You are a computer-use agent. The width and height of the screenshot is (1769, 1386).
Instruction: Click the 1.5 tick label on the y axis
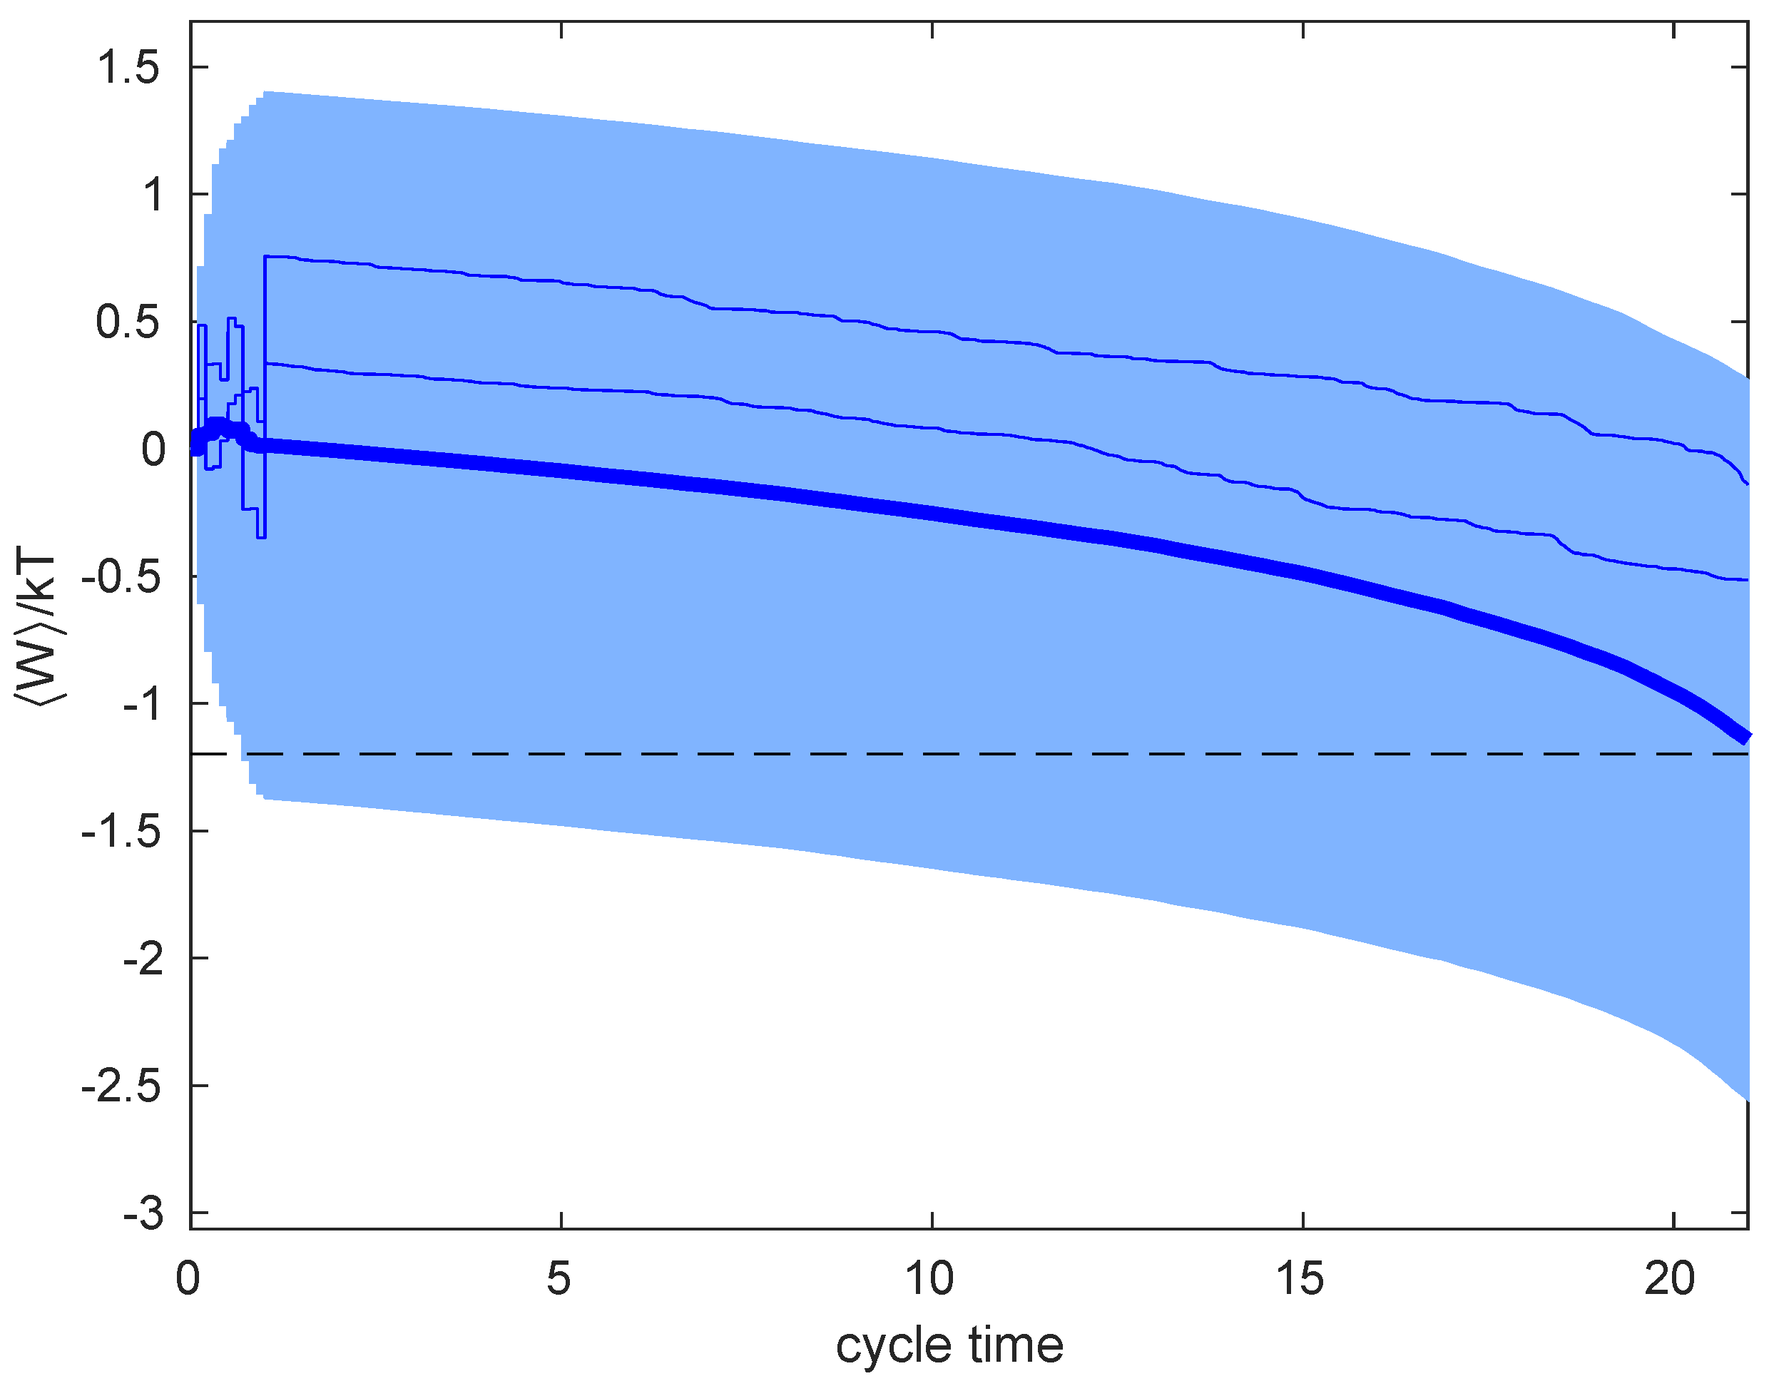pos(128,67)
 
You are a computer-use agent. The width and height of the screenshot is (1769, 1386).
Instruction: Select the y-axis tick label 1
pos(152,195)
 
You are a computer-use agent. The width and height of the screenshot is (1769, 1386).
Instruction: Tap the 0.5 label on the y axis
pos(128,322)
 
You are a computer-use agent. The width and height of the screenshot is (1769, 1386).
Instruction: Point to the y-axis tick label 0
pos(153,449)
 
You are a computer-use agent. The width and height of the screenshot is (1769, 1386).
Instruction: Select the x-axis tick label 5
pos(559,1280)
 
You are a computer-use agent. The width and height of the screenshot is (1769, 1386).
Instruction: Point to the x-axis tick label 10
pos(930,1280)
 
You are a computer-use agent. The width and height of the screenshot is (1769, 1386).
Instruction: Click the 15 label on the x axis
pos(1301,1280)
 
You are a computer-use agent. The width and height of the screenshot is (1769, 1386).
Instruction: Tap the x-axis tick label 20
pos(1671,1280)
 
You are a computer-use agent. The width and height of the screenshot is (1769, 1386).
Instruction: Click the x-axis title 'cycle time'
pos(949,1346)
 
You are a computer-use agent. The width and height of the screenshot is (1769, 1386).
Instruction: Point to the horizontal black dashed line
pos(974,754)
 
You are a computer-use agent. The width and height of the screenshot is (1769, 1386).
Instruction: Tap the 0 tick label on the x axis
pos(188,1280)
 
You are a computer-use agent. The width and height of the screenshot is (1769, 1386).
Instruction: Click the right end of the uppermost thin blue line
pos(1745,484)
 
